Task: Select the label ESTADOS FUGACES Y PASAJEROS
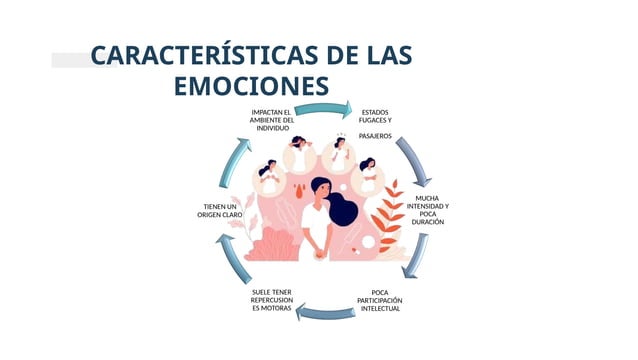[x=375, y=123]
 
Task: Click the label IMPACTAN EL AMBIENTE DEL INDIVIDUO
[x=271, y=120]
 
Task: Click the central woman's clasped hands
[x=318, y=247]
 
